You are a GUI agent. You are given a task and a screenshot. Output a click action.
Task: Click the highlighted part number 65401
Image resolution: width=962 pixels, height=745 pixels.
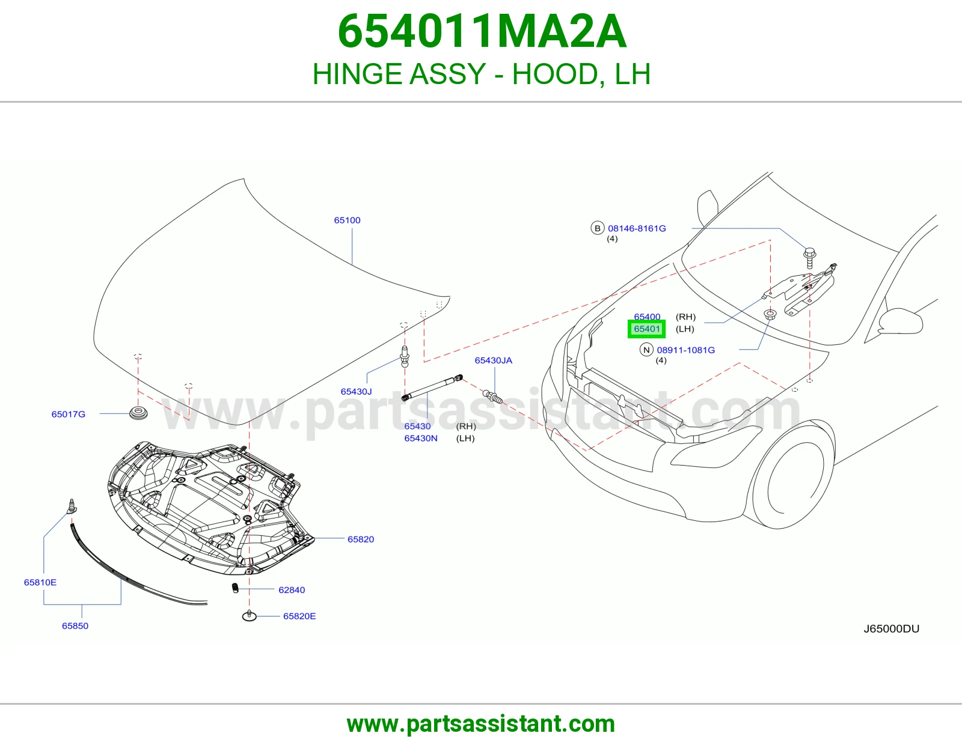(x=646, y=329)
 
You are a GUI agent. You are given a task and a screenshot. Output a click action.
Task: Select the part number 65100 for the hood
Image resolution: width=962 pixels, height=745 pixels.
(x=347, y=220)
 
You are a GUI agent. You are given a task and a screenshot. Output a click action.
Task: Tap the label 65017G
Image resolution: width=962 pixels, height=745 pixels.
(x=68, y=414)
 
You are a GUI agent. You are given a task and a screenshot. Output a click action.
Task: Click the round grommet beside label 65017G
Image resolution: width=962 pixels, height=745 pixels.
(x=138, y=413)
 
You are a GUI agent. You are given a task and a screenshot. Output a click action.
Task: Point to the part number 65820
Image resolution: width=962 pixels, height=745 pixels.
(x=361, y=540)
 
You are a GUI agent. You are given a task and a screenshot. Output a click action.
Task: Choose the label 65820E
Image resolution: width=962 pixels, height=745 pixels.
(x=299, y=616)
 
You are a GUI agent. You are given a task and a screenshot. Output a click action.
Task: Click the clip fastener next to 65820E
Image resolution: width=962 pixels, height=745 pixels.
(x=250, y=615)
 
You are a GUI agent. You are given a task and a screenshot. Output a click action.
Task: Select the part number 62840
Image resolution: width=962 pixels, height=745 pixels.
(x=292, y=590)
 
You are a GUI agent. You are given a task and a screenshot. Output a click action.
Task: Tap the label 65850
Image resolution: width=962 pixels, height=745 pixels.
(x=75, y=626)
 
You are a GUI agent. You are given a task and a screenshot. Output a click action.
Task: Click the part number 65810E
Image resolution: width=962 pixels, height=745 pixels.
(x=40, y=582)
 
